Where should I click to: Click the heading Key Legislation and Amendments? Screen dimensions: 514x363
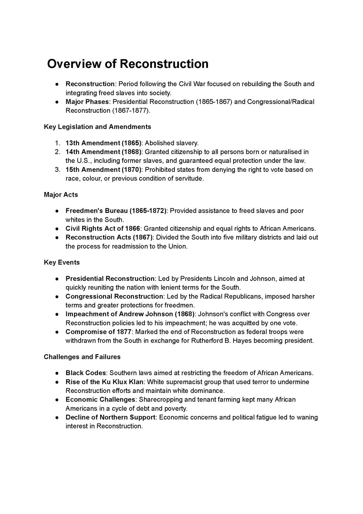[x=97, y=127]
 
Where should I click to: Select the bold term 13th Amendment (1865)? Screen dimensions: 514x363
[x=104, y=143]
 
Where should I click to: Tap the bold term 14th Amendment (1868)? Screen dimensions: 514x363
[x=104, y=152]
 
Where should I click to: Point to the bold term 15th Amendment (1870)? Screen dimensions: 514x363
[x=104, y=170]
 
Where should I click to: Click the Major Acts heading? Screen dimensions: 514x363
[x=61, y=195]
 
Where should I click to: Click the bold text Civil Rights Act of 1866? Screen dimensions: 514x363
[x=103, y=229]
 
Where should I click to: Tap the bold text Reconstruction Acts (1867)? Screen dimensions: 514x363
[x=109, y=237]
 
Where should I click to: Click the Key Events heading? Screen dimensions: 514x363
[x=62, y=262]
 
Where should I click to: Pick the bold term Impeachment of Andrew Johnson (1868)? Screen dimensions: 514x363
[x=130, y=314]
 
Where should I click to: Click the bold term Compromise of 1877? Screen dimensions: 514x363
[x=98, y=332]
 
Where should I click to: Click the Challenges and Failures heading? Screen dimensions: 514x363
[x=82, y=357]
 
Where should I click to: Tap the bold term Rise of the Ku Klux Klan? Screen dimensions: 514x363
[x=105, y=382]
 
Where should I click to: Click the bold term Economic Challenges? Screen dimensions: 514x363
[x=100, y=400]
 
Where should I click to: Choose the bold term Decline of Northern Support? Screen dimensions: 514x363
[x=110, y=417]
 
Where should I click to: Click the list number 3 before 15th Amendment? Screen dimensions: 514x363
[x=57, y=170]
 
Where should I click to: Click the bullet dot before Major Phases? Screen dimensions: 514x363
[x=58, y=102]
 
